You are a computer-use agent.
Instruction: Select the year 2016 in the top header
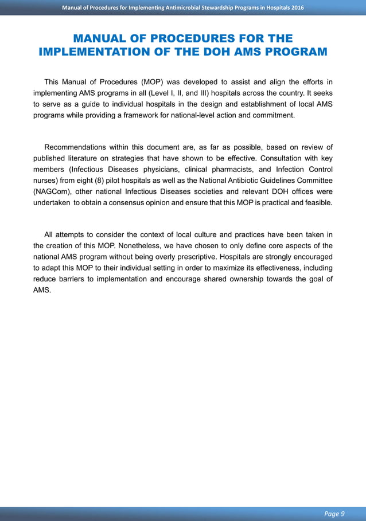tap(294, 7)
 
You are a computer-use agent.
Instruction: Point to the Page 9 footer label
tap(334, 514)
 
